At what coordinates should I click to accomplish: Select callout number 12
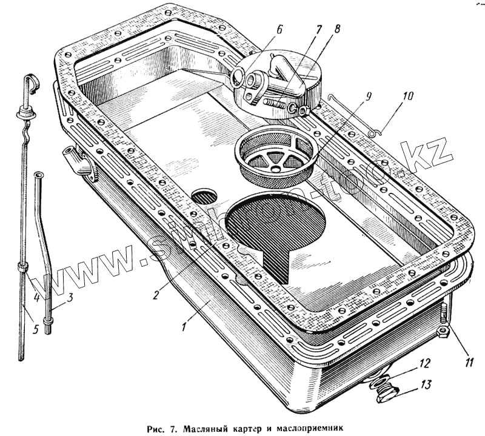[424, 364]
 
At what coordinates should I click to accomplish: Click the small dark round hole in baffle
[204, 195]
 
